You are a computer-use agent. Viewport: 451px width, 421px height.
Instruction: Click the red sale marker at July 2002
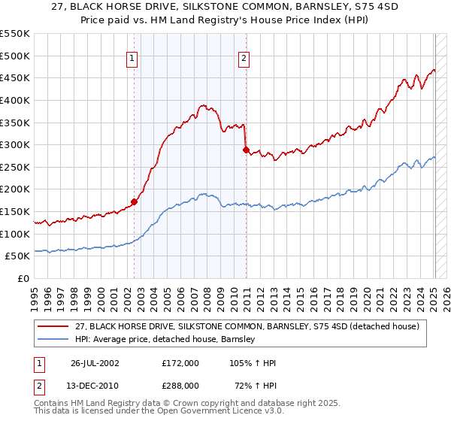pyautogui.click(x=135, y=201)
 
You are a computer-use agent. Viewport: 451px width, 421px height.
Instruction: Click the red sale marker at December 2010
pyautogui.click(x=247, y=150)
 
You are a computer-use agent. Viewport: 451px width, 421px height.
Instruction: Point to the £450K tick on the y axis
pyautogui.click(x=16, y=77)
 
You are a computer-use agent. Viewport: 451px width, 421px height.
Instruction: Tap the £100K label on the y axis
pyautogui.click(x=16, y=234)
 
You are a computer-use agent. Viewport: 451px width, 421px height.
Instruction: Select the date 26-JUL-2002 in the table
pyautogui.click(x=95, y=363)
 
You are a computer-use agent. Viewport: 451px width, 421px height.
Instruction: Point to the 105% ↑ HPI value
pyautogui.click(x=252, y=363)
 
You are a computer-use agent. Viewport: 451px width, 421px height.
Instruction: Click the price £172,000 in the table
pyautogui.click(x=180, y=363)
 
